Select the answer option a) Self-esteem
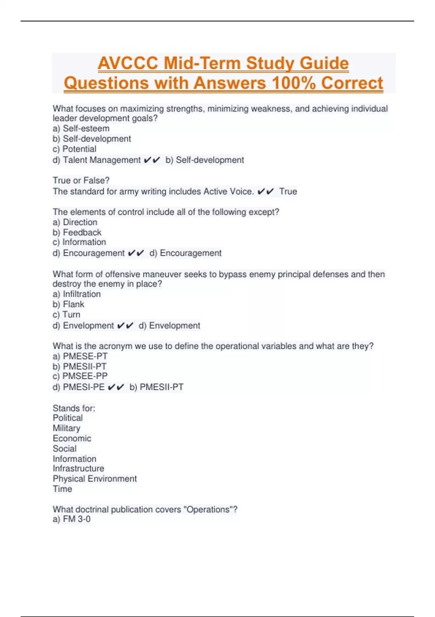point(81,128)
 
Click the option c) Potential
point(74,149)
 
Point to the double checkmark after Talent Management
point(152,160)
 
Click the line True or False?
point(81,180)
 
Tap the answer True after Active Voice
point(288,191)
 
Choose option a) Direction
point(75,222)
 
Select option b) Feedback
point(77,232)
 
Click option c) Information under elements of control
point(79,242)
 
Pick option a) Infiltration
point(76,294)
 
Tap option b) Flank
point(68,304)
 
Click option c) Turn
point(66,314)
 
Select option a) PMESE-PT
point(80,356)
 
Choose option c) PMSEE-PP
point(80,376)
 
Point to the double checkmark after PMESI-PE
point(116,387)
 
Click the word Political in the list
point(68,418)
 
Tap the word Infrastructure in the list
point(78,468)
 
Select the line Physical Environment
point(95,479)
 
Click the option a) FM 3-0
point(71,519)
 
